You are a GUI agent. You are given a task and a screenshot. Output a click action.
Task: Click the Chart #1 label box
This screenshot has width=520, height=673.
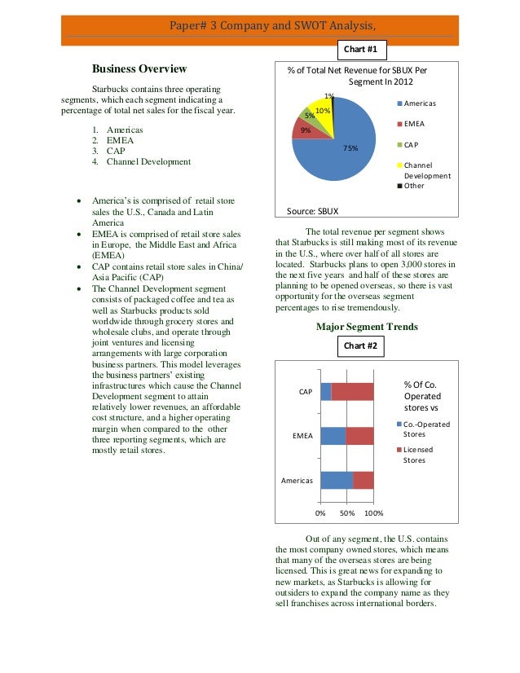click(360, 49)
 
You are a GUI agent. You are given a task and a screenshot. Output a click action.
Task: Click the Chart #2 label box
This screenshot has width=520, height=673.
click(360, 345)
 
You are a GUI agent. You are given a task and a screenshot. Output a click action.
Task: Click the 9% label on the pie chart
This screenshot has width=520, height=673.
click(305, 130)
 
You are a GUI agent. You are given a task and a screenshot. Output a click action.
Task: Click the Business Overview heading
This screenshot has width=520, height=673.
click(139, 69)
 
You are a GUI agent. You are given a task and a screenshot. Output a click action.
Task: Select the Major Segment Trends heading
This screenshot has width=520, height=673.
click(366, 327)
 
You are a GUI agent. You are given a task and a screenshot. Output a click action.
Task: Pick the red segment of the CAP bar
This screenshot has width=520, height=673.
click(352, 392)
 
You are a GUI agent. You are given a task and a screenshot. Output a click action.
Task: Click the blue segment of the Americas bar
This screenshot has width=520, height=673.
click(336, 480)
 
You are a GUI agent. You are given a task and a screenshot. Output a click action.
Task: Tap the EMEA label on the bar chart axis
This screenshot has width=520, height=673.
click(302, 436)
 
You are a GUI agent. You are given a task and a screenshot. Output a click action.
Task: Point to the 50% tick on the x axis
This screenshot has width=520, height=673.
click(347, 514)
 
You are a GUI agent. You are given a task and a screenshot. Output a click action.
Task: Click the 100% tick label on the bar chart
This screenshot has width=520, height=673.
click(373, 514)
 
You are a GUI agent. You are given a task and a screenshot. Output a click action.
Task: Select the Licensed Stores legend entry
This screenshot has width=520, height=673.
click(417, 454)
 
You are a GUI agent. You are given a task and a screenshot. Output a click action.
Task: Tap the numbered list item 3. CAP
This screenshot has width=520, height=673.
click(112, 151)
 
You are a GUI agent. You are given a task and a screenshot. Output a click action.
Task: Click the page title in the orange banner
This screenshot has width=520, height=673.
click(260, 25)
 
